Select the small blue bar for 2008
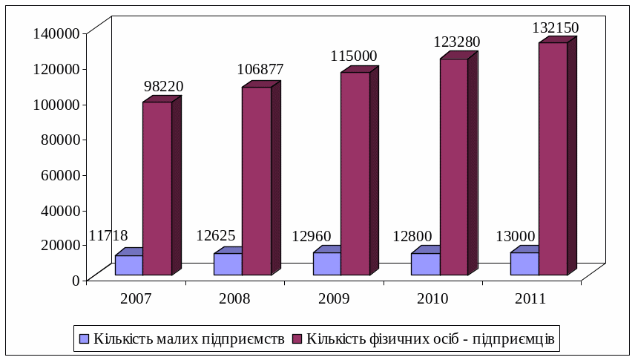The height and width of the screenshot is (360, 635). (228, 264)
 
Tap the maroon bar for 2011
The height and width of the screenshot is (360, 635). (553, 159)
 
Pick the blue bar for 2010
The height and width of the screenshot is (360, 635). (425, 264)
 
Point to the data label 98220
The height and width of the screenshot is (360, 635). (163, 87)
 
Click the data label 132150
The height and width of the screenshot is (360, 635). (555, 28)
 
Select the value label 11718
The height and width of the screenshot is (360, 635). (108, 236)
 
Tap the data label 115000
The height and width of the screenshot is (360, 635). (353, 56)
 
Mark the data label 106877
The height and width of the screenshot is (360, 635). (260, 70)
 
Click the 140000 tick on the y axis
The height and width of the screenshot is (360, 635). (56, 33)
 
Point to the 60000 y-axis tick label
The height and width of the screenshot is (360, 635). (60, 174)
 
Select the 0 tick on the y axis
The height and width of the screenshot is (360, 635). (75, 280)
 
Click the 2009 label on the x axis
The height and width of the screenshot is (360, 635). (334, 299)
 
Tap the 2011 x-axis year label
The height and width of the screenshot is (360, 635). (530, 299)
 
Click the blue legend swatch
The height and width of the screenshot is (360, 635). (84, 338)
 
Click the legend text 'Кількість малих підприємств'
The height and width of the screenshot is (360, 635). (188, 338)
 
